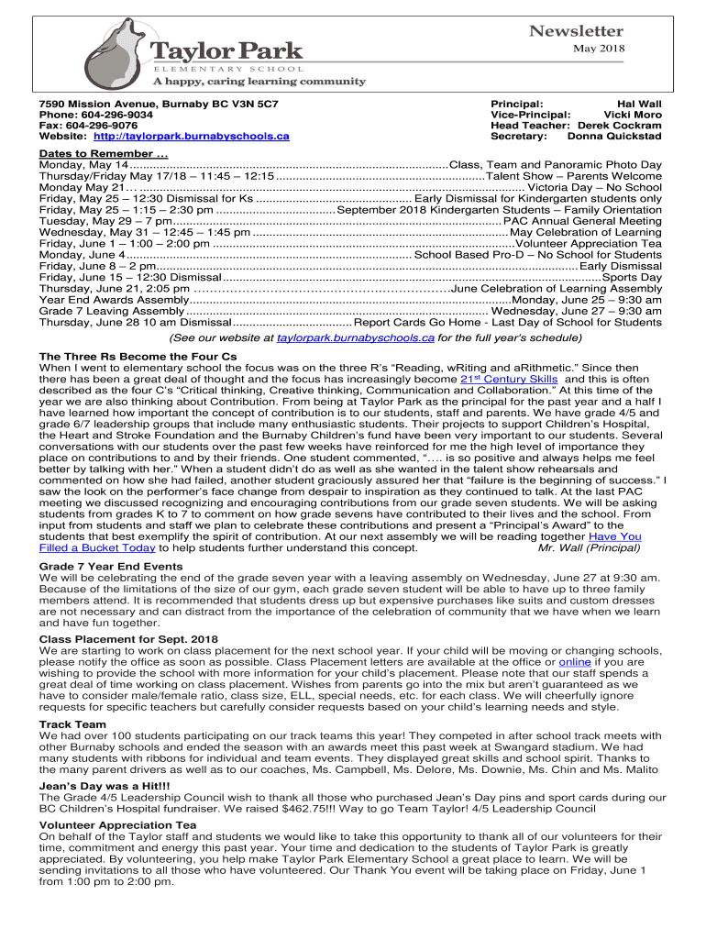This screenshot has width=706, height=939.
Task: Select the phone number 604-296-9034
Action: (x=113, y=116)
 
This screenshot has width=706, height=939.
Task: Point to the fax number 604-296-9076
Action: (x=101, y=126)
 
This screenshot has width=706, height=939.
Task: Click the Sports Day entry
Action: (x=632, y=277)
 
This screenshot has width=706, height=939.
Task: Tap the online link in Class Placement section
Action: (x=574, y=661)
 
